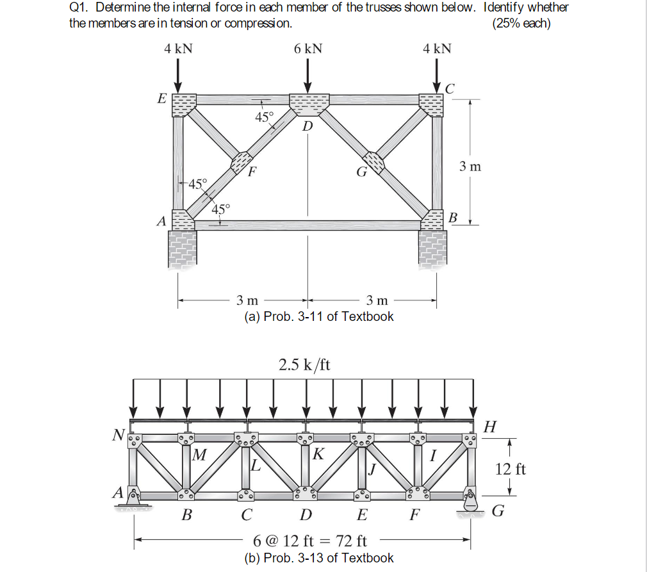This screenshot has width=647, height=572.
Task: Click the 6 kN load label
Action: coord(308,49)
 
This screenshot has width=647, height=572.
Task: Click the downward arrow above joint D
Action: coord(308,76)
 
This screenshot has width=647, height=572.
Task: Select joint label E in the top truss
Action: coord(161,99)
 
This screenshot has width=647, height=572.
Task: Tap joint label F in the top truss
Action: coord(252,172)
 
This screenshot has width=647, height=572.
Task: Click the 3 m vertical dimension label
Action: coord(470,167)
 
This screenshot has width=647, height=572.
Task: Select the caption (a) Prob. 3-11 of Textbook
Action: coord(319,316)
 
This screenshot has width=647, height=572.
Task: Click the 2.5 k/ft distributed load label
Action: coord(304,365)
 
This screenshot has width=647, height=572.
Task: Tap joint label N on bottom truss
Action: coord(118,436)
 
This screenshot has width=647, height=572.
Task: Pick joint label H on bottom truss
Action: coord(490,427)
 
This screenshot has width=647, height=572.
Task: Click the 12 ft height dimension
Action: coord(511,470)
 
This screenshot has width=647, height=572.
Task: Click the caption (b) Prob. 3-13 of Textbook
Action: coord(319,558)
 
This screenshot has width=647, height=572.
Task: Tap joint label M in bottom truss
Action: coord(199,455)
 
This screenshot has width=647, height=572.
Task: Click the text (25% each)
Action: coord(521,24)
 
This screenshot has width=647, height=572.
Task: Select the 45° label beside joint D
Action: coord(264,117)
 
